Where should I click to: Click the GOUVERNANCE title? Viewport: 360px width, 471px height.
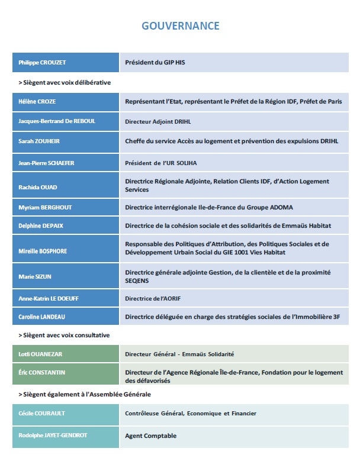[180, 26]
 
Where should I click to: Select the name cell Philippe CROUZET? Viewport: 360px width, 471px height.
[42, 62]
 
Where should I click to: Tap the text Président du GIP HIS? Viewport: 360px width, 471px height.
[158, 62]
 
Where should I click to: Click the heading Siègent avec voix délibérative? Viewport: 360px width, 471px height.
[65, 82]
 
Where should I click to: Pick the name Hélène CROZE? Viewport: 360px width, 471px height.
[37, 102]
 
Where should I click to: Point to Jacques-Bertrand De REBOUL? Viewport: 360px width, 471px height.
[57, 121]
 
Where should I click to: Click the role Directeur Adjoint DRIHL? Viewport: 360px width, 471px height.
[157, 121]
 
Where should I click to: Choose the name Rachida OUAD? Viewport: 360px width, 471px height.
[37, 187]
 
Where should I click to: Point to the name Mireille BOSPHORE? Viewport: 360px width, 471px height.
[43, 251]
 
